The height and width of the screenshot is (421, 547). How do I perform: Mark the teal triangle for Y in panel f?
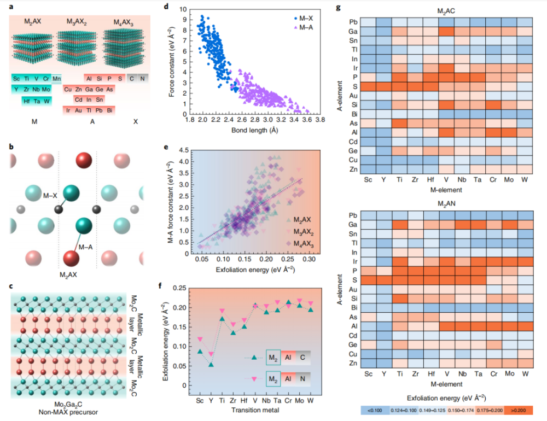point(212,365)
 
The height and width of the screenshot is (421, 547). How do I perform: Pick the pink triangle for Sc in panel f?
point(200,340)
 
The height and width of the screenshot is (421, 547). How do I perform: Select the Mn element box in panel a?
point(56,78)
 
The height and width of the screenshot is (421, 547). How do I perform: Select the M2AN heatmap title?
point(444,203)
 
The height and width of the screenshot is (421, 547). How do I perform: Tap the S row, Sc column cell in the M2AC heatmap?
point(369,85)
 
